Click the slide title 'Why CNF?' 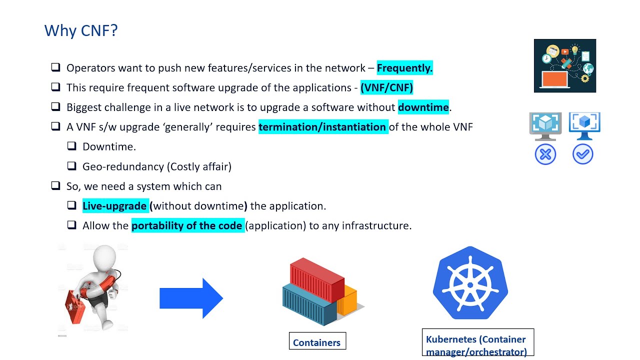click(81, 31)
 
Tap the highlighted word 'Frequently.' click(404, 68)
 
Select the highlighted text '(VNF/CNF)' click(386, 88)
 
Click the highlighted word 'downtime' click(423, 107)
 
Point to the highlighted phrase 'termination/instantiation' click(322, 127)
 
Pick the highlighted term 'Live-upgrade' click(114, 206)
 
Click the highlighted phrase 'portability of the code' click(187, 225)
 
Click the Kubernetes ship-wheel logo click(470, 283)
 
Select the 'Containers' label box click(317, 341)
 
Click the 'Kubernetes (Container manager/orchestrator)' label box click(477, 343)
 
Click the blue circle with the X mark click(545, 154)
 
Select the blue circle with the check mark click(582, 154)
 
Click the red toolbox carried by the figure click(75, 305)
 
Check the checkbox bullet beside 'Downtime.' click(72, 146)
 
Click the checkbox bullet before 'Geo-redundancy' click(72, 166)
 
